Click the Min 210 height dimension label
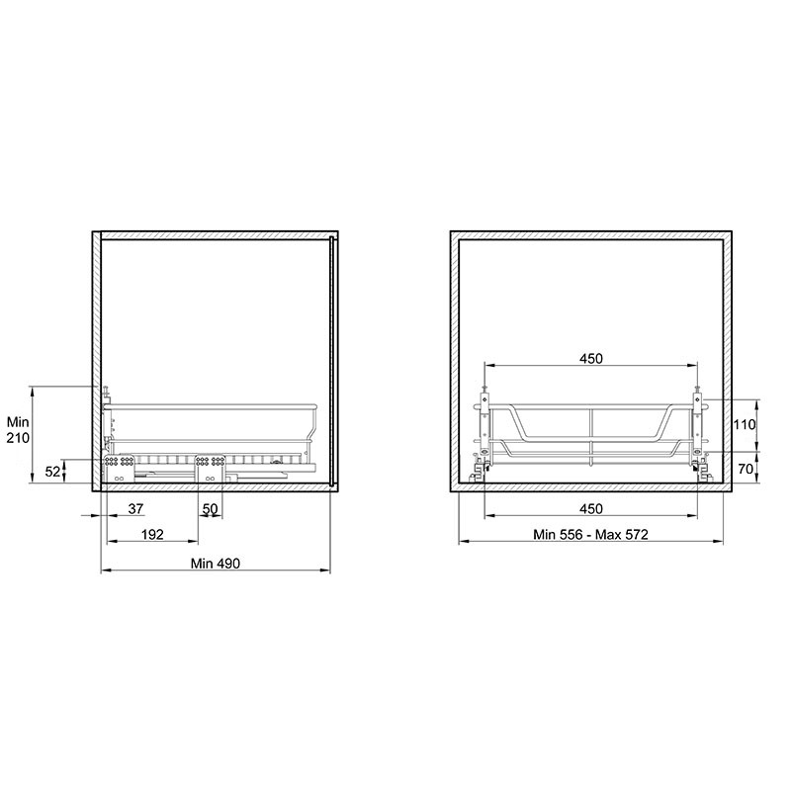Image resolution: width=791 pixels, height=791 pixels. tap(18, 429)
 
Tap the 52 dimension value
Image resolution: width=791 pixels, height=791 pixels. tap(52, 472)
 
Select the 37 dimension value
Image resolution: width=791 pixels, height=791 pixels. tap(135, 508)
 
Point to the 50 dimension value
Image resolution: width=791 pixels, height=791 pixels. tap(210, 508)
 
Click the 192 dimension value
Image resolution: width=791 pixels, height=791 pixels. tap(152, 534)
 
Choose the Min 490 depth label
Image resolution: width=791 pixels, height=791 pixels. tap(216, 563)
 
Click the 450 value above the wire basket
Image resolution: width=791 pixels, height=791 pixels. tap(590, 359)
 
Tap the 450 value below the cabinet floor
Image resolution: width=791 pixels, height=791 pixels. tap(590, 508)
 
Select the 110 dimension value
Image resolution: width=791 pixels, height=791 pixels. tap(745, 425)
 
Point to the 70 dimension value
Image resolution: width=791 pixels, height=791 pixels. tap(746, 469)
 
